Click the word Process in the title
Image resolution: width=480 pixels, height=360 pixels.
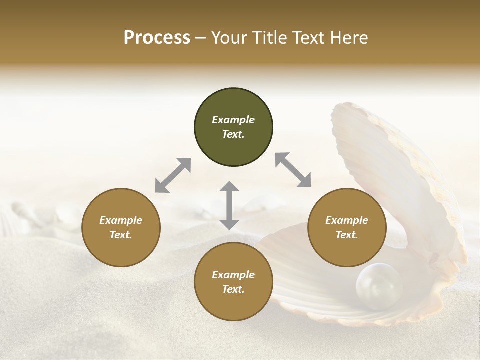click(x=157, y=38)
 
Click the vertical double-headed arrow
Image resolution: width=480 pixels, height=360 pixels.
click(x=229, y=205)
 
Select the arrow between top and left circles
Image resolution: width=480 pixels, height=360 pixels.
click(x=173, y=175)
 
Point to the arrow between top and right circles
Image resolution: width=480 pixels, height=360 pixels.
click(x=293, y=170)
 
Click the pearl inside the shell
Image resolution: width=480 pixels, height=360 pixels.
click(x=378, y=286)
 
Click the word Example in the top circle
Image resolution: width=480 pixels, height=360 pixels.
click(x=233, y=120)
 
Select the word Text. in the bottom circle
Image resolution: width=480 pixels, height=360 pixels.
click(x=233, y=289)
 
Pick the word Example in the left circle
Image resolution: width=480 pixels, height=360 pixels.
click(x=121, y=220)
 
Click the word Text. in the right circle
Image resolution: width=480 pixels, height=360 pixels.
click(x=347, y=235)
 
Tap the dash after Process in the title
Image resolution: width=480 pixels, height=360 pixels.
click(x=200, y=38)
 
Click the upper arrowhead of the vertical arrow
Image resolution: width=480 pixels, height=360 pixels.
click(x=229, y=187)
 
